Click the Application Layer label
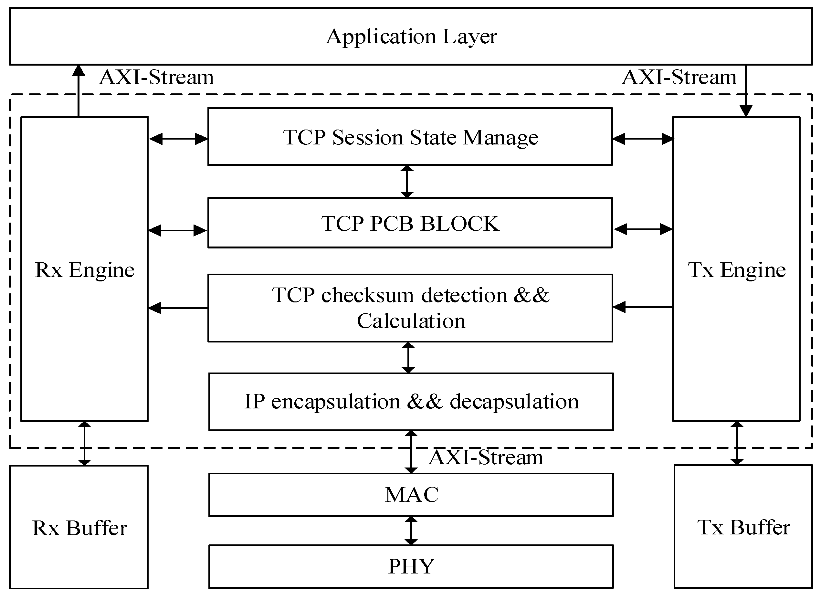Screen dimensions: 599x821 coord(411,37)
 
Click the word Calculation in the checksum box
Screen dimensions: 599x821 coord(411,321)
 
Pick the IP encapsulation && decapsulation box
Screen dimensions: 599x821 coord(411,402)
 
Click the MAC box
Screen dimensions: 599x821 coord(411,495)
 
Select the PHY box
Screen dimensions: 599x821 coord(411,566)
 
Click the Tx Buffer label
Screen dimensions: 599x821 coord(743,528)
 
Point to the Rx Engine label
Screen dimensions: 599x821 coord(85,270)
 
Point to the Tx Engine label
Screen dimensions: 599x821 coord(736,270)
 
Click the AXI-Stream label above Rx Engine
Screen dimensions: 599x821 coord(156,78)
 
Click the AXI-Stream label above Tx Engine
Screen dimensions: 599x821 coord(679,78)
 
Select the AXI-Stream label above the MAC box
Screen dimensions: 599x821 coord(486,457)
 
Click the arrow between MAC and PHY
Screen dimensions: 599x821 coord(411,531)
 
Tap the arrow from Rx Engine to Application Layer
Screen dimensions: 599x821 coord(78,91)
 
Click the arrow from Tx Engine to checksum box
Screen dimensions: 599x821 coord(642,307)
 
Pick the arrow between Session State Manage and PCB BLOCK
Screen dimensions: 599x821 coord(407,182)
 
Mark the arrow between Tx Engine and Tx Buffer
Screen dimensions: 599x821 coord(737,443)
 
